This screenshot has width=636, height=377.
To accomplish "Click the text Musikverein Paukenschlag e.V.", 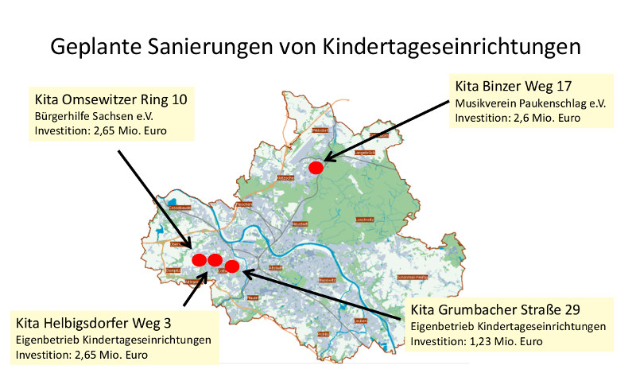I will tap(529, 103).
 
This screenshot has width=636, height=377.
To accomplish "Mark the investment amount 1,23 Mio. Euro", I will tap(505, 342).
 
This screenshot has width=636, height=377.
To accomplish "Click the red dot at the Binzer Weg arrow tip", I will tap(316, 167).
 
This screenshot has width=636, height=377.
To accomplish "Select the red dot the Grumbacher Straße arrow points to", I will tap(232, 266).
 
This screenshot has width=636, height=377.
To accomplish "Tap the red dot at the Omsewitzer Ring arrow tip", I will tap(200, 259).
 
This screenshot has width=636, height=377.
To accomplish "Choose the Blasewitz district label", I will tap(327, 280).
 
